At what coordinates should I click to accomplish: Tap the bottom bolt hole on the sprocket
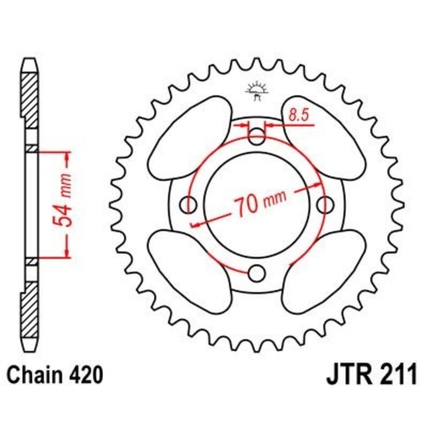pyautogui.click(x=257, y=273)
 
